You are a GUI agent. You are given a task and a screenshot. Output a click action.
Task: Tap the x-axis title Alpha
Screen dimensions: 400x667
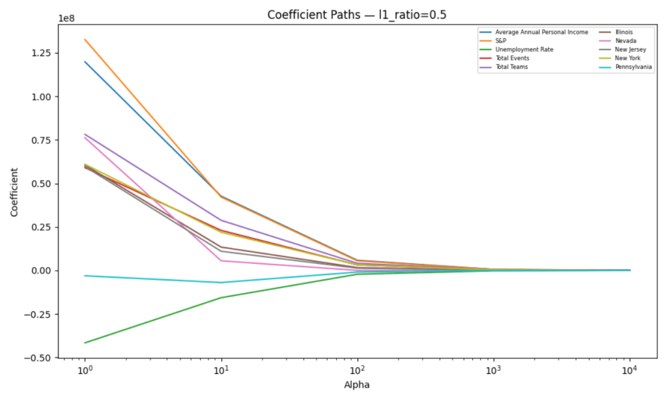(357, 384)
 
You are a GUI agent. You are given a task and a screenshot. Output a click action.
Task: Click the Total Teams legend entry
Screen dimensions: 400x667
(511, 66)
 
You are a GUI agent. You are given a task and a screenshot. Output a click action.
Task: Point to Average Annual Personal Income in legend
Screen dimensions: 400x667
(541, 31)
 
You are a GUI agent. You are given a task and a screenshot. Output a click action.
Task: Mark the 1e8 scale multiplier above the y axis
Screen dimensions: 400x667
(66, 18)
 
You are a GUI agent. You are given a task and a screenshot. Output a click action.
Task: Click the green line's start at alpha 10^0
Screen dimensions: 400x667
(85, 343)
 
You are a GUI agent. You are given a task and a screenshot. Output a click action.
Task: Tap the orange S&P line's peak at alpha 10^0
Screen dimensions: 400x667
(85, 40)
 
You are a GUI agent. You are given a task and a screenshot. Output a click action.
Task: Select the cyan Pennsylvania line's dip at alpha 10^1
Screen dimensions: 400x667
(221, 282)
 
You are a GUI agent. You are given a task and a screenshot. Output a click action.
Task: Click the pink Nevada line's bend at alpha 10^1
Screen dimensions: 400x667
(221, 261)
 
